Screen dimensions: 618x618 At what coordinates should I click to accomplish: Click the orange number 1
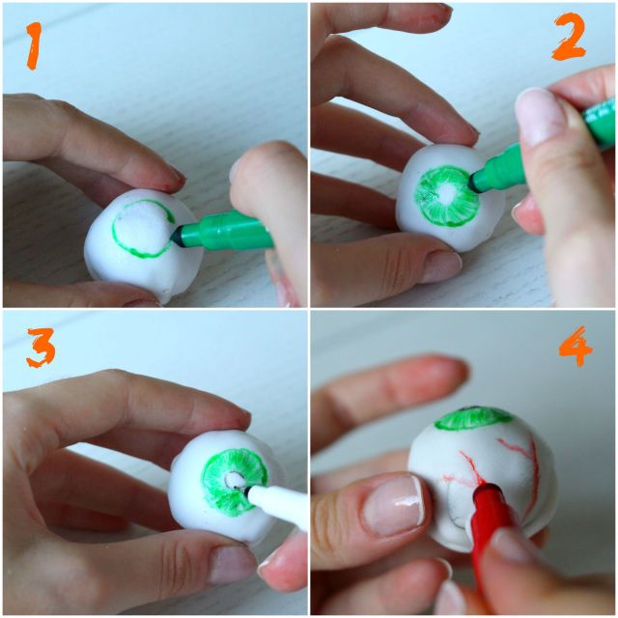pyautogui.click(x=34, y=45)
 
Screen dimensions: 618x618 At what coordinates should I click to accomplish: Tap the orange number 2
pyautogui.click(x=568, y=37)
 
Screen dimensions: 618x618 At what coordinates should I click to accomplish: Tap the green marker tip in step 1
pyautogui.click(x=176, y=236)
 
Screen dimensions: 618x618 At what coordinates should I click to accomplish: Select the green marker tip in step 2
pyautogui.click(x=474, y=183)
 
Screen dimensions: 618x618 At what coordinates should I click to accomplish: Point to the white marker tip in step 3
pyautogui.click(x=247, y=491)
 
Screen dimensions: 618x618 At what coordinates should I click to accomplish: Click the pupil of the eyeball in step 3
pyautogui.click(x=233, y=481)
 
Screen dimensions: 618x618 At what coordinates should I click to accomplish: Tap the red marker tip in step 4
pyautogui.click(x=479, y=488)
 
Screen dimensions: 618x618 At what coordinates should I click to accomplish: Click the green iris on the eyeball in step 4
pyautogui.click(x=473, y=419)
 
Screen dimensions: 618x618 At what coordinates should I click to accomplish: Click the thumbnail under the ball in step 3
pyautogui.click(x=233, y=564)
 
